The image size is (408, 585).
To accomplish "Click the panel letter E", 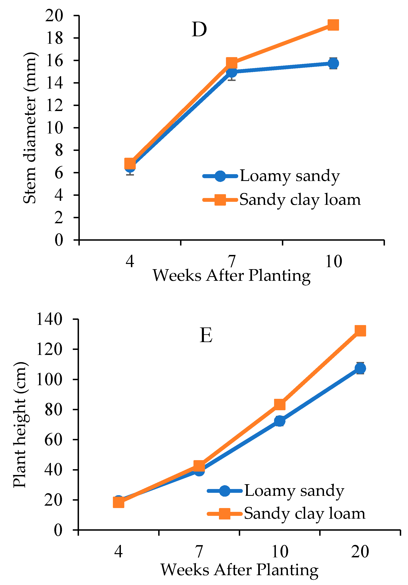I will [x=206, y=335].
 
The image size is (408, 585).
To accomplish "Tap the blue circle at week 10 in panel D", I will [x=333, y=63].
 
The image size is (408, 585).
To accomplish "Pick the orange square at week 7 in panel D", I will [x=232, y=63].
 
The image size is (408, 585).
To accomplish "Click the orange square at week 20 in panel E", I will [x=360, y=331].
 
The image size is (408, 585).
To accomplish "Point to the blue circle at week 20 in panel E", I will [x=360, y=368].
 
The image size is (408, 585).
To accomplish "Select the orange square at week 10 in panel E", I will [x=279, y=404].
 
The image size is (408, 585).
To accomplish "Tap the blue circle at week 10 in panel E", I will [x=279, y=421].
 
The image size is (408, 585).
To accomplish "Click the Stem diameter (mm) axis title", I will [x=30, y=128].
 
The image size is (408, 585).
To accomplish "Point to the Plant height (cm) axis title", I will [x=20, y=424].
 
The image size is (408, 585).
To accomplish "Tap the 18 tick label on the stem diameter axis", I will [x=54, y=38].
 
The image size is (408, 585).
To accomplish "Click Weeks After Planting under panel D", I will [x=231, y=276].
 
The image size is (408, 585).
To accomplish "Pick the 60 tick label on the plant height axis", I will [x=54, y=440].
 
